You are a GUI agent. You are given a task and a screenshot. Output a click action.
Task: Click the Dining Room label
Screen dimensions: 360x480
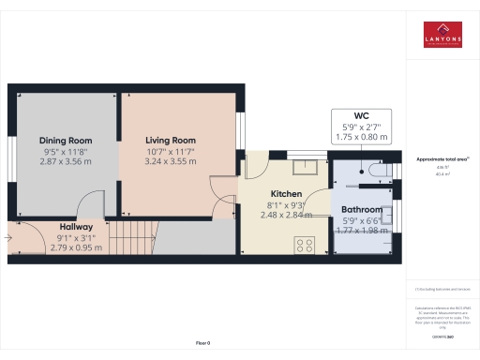[65, 140]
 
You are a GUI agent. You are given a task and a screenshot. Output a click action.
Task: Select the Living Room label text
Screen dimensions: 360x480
[171, 140]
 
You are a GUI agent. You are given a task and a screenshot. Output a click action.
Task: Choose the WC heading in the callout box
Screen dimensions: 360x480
[360, 117]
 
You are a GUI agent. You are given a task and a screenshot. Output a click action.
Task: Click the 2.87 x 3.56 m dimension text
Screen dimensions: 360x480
[65, 161]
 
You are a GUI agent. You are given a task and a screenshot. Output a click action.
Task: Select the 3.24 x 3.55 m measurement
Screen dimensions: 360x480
[171, 161]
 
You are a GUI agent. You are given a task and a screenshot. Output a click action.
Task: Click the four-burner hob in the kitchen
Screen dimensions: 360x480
[305, 245]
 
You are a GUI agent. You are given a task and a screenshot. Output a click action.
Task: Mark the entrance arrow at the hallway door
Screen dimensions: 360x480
[9, 237]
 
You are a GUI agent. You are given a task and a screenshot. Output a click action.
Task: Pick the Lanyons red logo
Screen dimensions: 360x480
[442, 35]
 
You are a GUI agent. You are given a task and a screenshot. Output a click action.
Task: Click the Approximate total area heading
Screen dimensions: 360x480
[442, 159]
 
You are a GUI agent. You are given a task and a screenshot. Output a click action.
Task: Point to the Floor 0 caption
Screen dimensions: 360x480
[202, 343]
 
